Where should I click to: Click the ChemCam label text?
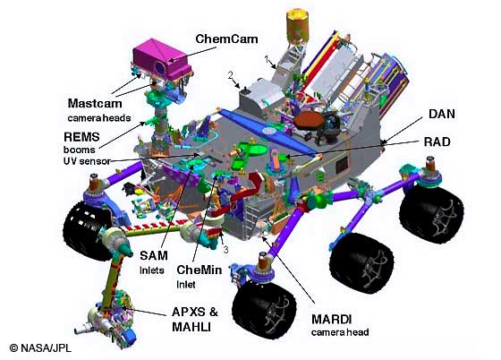point(226,39)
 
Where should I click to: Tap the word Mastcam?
point(95,103)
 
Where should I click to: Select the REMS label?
point(81,137)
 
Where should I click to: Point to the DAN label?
point(442,114)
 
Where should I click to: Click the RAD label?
point(437,141)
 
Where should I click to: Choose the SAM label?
point(154,255)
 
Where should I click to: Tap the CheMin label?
point(199,270)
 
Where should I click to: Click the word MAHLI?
point(191,327)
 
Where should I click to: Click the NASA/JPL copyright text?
point(40,347)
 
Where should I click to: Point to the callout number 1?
point(267,59)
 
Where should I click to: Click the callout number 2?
point(231,75)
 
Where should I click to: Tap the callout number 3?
point(225,249)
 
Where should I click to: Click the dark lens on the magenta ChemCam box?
point(160,67)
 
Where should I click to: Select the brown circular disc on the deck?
point(310,120)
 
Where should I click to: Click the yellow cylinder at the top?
point(297,25)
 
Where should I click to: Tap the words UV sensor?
point(87,161)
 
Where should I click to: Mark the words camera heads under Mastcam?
point(99,118)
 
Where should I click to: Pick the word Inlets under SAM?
point(152,270)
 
